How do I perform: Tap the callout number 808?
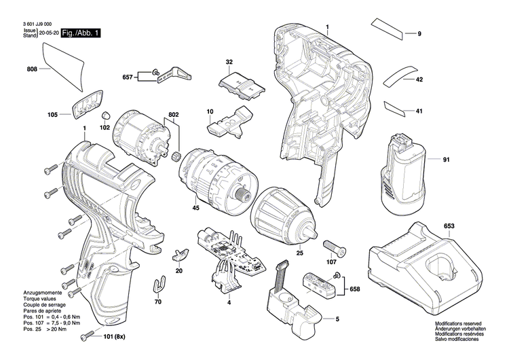(32, 69)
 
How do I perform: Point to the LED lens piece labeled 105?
(84, 107)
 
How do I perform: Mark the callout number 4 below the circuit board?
(229, 301)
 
